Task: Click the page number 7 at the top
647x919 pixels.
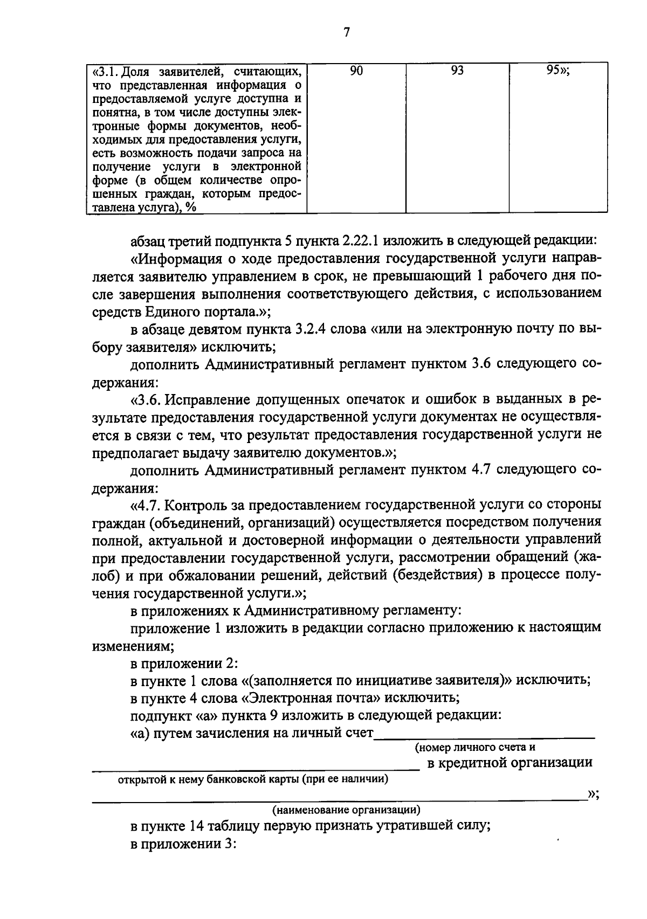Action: pos(346,33)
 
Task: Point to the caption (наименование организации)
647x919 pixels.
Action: pos(346,810)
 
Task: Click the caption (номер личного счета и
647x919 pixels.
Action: pos(474,748)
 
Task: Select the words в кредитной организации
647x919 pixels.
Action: pos(510,763)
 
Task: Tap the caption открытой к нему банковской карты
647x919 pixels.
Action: pos(253,779)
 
